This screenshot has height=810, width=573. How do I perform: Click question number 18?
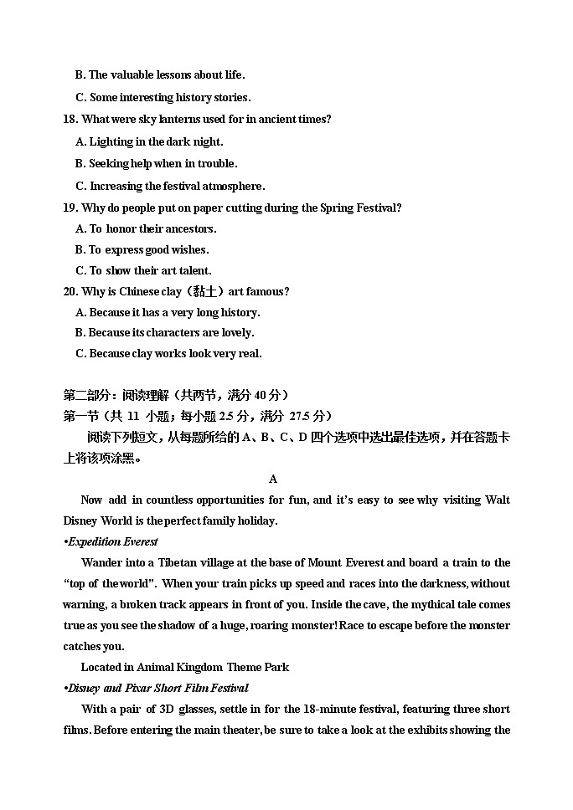pos(70,120)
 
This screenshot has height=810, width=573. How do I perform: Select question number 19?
pos(70,208)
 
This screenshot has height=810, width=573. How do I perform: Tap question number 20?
pos(70,291)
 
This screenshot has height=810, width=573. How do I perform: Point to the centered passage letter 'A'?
pos(273,479)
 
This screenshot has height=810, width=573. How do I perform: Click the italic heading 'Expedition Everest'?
pos(113,541)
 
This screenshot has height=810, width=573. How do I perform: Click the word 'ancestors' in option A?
pos(190,228)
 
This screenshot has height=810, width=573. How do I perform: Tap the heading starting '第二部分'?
pos(176,395)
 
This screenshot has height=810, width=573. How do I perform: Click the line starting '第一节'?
pos(198,416)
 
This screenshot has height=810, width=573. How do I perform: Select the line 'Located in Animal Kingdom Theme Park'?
pos(184,667)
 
